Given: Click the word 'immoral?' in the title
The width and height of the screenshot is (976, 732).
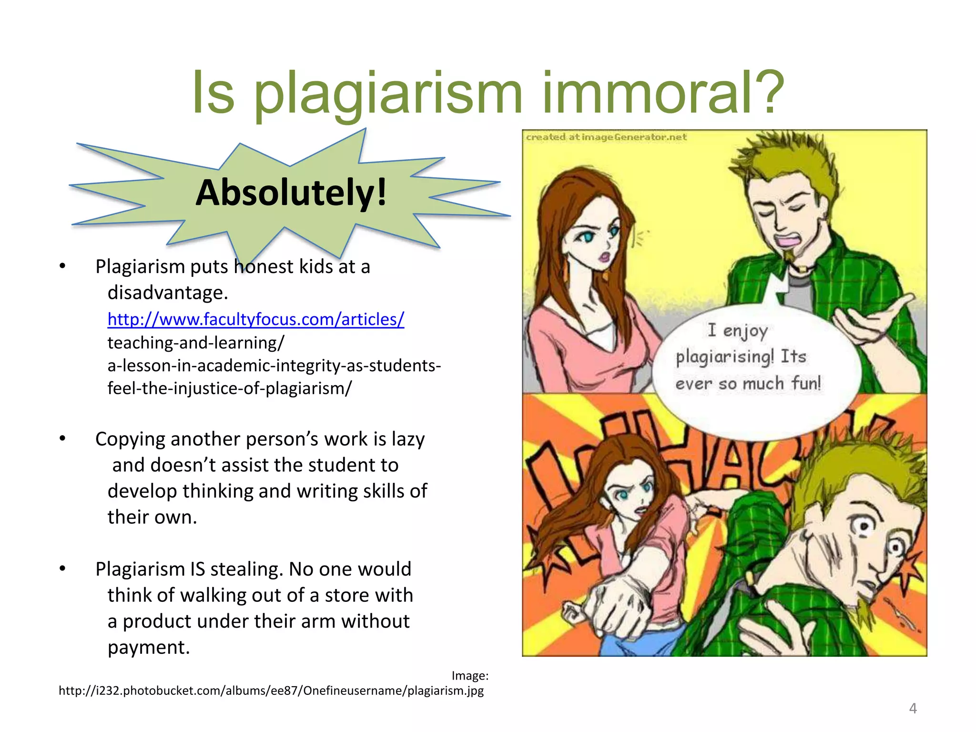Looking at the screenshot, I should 662,93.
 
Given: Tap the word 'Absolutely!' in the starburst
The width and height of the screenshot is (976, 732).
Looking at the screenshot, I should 291,193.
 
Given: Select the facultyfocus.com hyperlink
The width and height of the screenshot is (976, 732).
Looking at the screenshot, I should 256,319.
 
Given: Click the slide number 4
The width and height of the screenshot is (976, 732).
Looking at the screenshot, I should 913,708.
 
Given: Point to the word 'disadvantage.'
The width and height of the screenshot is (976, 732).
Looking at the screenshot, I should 168,293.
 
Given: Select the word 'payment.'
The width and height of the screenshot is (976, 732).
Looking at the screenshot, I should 149,647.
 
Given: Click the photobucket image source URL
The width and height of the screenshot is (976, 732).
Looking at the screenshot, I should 271,691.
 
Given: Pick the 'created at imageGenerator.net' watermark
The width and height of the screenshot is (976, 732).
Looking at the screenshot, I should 606,137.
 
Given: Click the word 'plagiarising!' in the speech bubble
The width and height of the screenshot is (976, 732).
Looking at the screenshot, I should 724,356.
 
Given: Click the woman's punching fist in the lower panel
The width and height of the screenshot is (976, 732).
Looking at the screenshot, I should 615,605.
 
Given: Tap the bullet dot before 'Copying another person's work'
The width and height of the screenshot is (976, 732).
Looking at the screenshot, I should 62,438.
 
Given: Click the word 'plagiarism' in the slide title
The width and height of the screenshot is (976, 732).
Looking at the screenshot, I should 388,93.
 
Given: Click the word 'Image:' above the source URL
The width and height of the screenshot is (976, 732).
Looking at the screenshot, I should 470,676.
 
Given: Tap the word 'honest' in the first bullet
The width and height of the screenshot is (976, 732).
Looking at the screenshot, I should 264,267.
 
